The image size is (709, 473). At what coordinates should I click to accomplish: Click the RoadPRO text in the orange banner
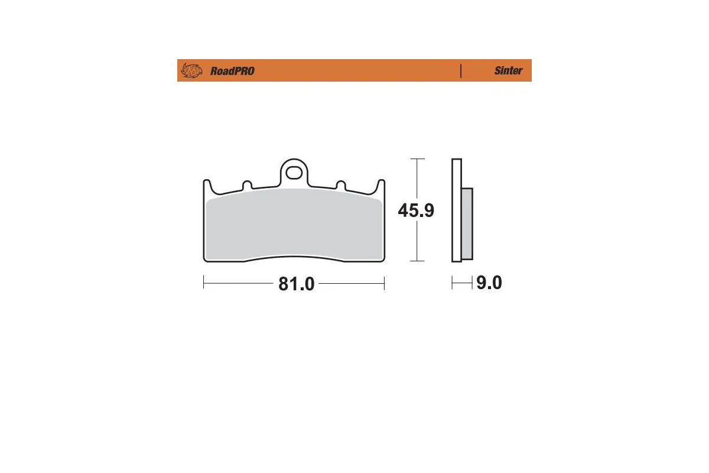(x=232, y=71)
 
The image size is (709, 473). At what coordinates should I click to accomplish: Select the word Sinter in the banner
(x=508, y=71)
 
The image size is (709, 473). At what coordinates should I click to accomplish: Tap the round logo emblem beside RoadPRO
(x=191, y=71)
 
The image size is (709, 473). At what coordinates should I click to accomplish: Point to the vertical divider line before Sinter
(x=460, y=71)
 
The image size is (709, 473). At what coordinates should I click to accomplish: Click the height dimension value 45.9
(x=416, y=210)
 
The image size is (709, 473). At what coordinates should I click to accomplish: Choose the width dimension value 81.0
(x=296, y=284)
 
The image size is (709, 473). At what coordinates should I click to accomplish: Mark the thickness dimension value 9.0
(x=489, y=283)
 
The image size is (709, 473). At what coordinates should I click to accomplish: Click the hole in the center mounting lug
(x=294, y=173)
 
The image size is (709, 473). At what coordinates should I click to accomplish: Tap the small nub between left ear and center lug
(x=248, y=184)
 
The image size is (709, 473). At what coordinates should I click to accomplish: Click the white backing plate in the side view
(x=456, y=210)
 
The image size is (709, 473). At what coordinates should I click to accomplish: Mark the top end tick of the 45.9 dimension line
(x=417, y=159)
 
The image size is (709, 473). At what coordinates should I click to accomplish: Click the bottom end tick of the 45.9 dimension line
(x=417, y=261)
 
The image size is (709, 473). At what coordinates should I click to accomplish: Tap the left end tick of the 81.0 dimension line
(x=204, y=283)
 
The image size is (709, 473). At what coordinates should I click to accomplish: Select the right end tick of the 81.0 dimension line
(x=385, y=283)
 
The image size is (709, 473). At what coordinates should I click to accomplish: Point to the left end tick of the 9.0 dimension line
(x=453, y=283)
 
